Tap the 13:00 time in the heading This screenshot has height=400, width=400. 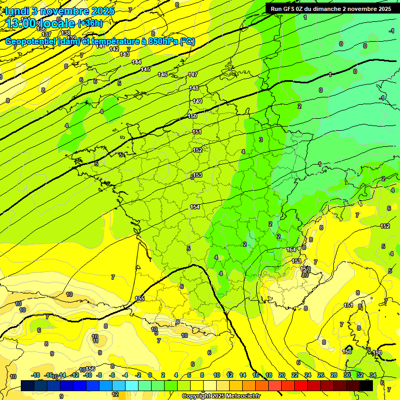tap(21, 23)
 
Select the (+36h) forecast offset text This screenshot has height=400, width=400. tap(90, 23)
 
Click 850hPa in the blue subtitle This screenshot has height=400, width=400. tap(162, 42)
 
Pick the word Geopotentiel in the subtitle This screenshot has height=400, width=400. tap(31, 42)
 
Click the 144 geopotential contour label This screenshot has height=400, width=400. tap(136, 62)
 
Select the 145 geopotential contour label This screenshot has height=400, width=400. tap(146, 69)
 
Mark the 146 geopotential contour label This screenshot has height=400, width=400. tap(163, 74)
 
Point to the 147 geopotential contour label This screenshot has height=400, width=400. tap(193, 75)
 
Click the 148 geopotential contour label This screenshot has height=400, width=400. tap(194, 88)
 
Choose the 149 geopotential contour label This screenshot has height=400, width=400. tap(197, 101)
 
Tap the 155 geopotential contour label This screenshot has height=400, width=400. tap(140, 298)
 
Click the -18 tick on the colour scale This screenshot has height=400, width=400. tap(35, 375)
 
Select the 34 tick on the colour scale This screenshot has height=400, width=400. tap(372, 375)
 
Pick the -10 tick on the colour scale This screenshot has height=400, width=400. tap(88, 375)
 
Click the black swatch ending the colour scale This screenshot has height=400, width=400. tap(366, 385)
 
